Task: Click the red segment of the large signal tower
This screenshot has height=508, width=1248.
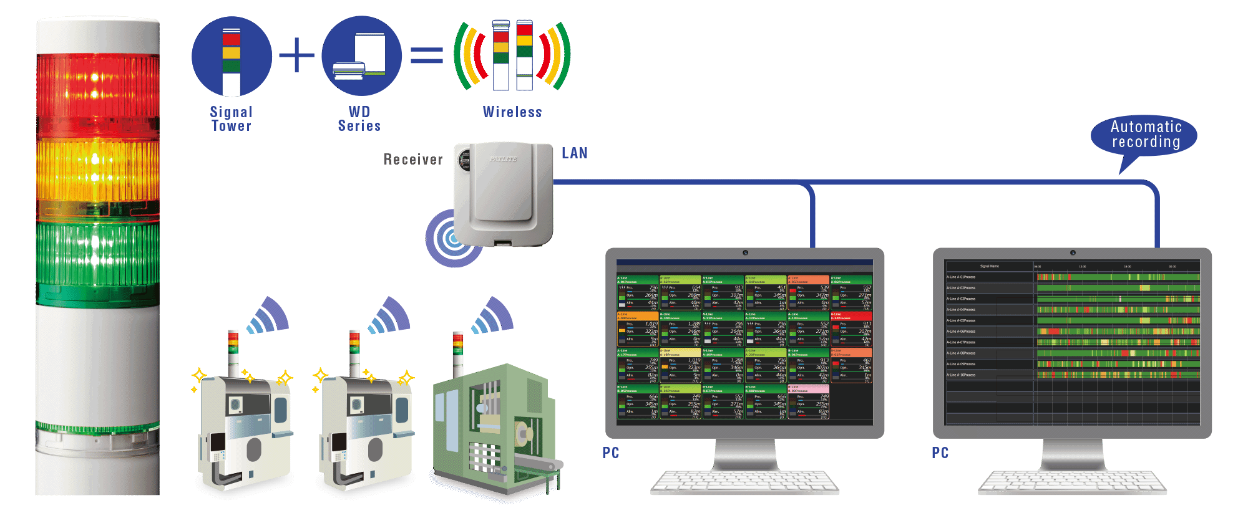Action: [x=98, y=93]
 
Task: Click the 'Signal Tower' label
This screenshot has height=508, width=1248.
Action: [x=231, y=118]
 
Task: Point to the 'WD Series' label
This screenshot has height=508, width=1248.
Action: [x=359, y=118]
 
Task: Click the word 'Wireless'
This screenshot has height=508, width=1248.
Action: [x=512, y=112]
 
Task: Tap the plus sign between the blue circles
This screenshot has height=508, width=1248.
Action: [x=296, y=55]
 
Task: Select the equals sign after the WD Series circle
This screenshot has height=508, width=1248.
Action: [x=427, y=56]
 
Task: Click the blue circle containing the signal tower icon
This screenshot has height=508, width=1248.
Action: [x=232, y=56]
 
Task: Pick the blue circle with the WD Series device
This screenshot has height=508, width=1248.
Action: [x=362, y=56]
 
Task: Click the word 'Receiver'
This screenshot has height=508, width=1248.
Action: [x=413, y=160]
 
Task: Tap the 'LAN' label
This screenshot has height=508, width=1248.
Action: [x=574, y=153]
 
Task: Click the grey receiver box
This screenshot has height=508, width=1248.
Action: [x=504, y=193]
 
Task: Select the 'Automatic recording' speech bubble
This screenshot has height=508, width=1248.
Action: [x=1145, y=135]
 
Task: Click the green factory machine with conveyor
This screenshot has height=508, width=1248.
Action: [x=493, y=430]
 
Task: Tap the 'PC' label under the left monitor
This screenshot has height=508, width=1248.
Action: [x=611, y=453]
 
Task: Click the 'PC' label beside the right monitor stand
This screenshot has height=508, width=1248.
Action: [x=940, y=453]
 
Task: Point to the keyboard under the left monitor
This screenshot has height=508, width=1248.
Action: [x=744, y=483]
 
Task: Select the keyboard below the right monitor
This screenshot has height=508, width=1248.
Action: [x=1072, y=483]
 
